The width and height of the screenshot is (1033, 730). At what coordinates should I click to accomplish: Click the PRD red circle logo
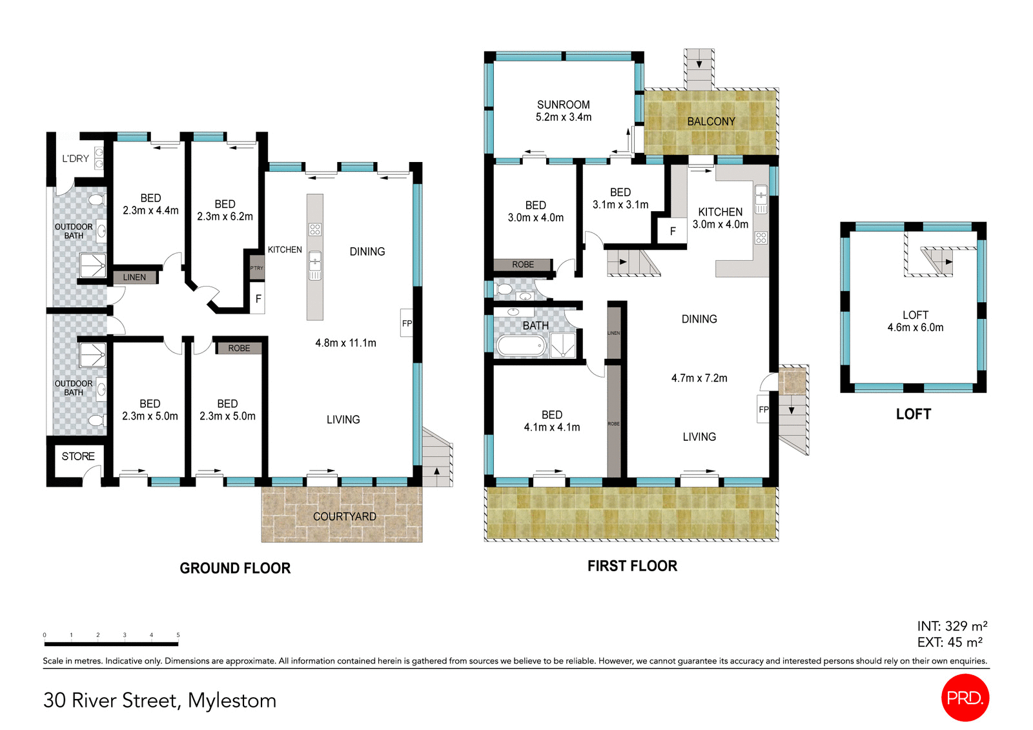coord(965,698)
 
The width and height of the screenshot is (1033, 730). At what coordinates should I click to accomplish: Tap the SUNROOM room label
coord(563,105)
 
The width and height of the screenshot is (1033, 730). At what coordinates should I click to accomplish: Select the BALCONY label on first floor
coord(711,121)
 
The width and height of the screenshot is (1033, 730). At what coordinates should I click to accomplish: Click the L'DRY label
coord(76,158)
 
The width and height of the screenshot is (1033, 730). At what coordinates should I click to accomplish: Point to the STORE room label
coord(78,456)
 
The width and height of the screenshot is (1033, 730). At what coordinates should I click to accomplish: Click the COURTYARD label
coord(344,516)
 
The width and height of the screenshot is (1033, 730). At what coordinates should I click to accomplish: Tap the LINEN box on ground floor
coord(134,277)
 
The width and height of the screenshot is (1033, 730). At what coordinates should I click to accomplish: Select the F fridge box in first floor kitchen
coord(673,231)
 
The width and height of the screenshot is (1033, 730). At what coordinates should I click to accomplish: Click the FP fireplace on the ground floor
coord(407,323)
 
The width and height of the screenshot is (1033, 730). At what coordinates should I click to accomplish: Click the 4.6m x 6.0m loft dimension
coord(915,327)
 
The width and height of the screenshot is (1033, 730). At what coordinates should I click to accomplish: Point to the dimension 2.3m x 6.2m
coord(225,216)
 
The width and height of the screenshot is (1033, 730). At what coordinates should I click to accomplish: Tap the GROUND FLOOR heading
coord(235,568)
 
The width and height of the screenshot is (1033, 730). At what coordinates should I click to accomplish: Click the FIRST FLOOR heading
coord(632,566)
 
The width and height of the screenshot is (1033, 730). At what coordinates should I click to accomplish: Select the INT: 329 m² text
coord(952,626)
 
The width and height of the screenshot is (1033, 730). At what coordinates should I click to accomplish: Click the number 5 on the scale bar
coord(178,635)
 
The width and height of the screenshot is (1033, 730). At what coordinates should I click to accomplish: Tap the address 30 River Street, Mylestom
coord(159,700)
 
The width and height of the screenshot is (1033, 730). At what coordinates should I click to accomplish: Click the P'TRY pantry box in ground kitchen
coord(256,268)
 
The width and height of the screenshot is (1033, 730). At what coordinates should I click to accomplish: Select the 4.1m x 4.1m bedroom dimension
coord(551,427)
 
